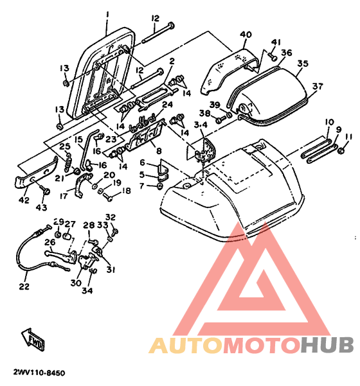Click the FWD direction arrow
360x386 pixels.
33,340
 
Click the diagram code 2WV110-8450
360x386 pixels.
39,373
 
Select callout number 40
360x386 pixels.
246,35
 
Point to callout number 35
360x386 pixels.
303,64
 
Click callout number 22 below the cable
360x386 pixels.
24,286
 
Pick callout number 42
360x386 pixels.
24,200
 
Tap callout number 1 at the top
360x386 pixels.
107,15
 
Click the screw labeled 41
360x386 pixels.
272,57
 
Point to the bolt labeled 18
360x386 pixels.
108,197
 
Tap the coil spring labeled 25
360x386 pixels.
67,162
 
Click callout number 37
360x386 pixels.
318,87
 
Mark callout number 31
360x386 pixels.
111,270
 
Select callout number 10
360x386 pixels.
329,122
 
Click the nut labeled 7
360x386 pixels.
159,186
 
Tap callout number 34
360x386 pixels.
87,291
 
